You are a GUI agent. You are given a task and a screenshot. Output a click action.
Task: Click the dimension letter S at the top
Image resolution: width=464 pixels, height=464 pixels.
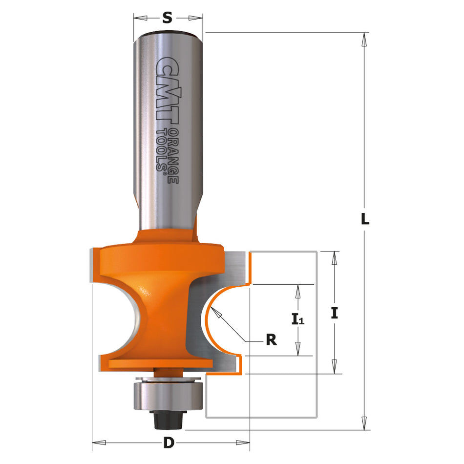tap(168, 18)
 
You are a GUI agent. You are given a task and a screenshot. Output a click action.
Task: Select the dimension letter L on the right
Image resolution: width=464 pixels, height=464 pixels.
tap(364, 220)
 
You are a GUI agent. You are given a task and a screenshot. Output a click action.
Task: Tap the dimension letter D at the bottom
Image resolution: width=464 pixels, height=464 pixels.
tap(169, 443)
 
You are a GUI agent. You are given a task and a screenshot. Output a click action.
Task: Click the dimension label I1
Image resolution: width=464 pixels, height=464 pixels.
tap(297, 320)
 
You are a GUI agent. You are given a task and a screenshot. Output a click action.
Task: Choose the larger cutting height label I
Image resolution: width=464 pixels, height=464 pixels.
tap(335, 313)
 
